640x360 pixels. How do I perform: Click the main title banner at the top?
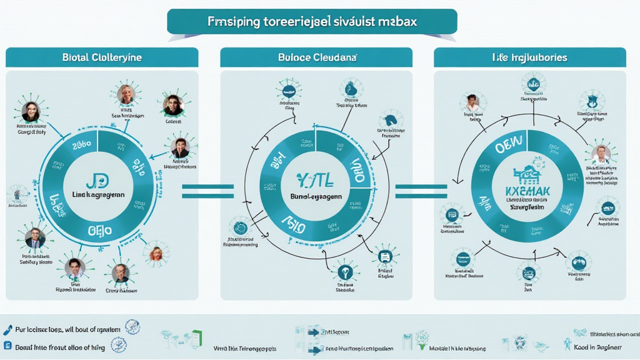coord(312,21)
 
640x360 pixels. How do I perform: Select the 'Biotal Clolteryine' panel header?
coord(102,57)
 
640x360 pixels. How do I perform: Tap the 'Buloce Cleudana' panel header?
coord(316,57)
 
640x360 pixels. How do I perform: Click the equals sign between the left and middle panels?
coord(207,191)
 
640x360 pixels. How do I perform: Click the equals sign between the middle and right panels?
coord(421,191)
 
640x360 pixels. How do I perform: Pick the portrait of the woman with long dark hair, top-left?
coord(31,112)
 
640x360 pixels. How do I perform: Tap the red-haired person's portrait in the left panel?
coord(156,254)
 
